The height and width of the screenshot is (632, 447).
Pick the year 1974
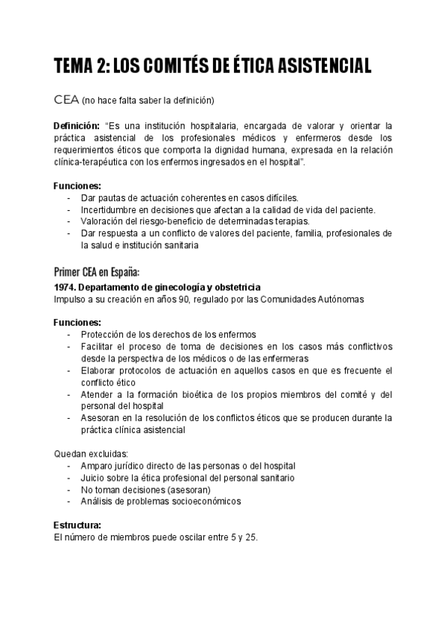pos(65,287)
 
